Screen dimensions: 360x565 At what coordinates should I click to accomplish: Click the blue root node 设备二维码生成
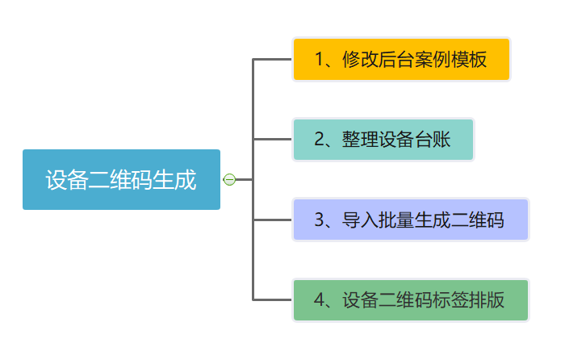pos(121,179)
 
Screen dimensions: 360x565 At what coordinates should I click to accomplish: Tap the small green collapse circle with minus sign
pos(229,179)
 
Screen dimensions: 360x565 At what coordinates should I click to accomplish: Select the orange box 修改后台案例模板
pos(401,59)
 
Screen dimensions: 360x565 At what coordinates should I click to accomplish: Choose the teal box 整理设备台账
pos(383,140)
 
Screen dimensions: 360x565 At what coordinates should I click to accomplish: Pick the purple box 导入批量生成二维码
pos(410,220)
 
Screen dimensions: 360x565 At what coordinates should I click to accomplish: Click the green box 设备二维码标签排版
pos(410,300)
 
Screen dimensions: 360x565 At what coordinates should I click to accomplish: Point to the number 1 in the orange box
pos(319,59)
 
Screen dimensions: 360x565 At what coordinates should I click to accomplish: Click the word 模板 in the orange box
pos(469,59)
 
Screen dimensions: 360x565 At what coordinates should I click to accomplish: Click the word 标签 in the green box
pos(450,300)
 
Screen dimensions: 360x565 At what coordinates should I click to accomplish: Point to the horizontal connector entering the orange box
pos(273,59)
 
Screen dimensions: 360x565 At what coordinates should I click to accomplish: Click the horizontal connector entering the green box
pos(273,300)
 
